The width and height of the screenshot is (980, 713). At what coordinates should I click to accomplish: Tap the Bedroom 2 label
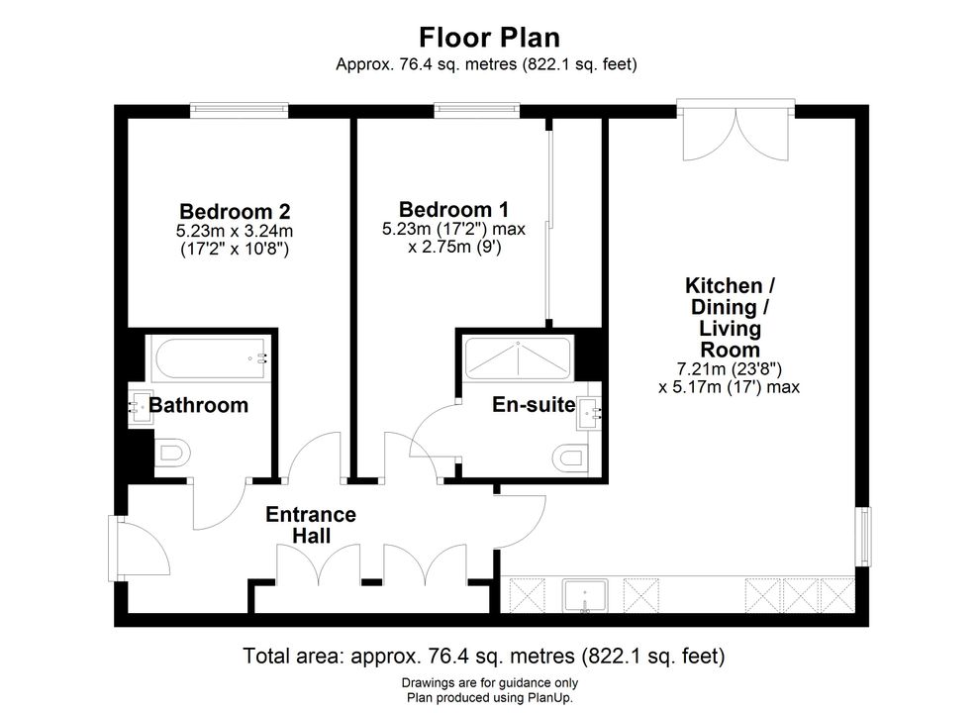coord(235,211)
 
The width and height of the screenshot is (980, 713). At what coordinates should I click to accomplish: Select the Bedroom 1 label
coord(453,209)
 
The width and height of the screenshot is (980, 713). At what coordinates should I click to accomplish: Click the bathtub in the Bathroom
coord(209,358)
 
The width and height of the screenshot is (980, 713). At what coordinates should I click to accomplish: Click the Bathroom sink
coord(141,408)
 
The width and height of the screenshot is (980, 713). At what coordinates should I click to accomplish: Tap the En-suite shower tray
coord(518,359)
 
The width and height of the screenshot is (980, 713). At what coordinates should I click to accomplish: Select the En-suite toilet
coord(570,458)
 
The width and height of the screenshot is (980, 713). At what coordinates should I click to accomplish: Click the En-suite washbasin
coord(589,413)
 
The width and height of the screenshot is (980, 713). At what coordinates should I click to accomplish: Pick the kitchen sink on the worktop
coord(585,596)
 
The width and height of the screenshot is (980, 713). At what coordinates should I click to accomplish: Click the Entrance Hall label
coord(311,525)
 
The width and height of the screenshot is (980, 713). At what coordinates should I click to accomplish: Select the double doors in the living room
coord(735,134)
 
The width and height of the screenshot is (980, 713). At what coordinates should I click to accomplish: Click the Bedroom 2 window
coord(240,111)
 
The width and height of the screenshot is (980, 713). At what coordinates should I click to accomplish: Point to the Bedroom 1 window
coord(477,111)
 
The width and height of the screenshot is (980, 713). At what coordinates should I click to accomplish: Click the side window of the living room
coord(863,537)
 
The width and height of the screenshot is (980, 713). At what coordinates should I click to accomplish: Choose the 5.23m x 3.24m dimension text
coord(235,231)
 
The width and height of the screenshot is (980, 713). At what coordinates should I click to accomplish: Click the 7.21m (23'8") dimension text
coord(730,369)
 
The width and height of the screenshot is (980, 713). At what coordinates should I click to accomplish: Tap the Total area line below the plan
coord(484,657)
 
